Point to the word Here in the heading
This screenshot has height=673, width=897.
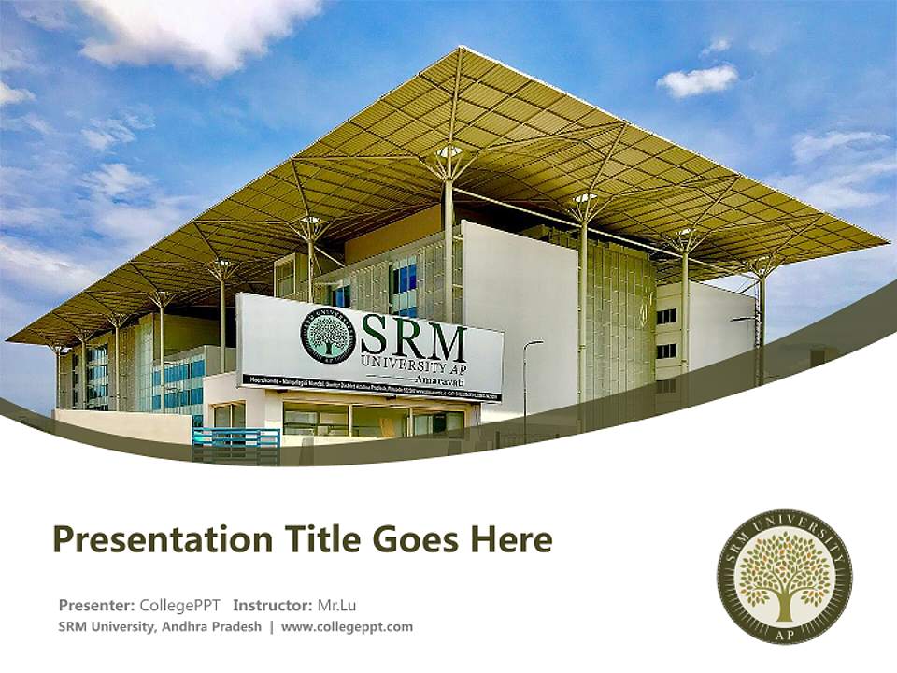[513, 539]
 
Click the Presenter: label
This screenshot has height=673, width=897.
[96, 605]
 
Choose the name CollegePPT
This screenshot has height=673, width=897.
[179, 605]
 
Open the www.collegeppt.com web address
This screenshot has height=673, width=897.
[347, 627]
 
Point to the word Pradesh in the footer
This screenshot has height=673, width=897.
[237, 627]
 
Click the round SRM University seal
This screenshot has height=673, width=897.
[784, 576]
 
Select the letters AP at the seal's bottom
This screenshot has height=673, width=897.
[784, 632]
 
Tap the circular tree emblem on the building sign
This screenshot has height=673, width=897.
[328, 336]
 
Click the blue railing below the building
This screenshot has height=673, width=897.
[235, 444]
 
